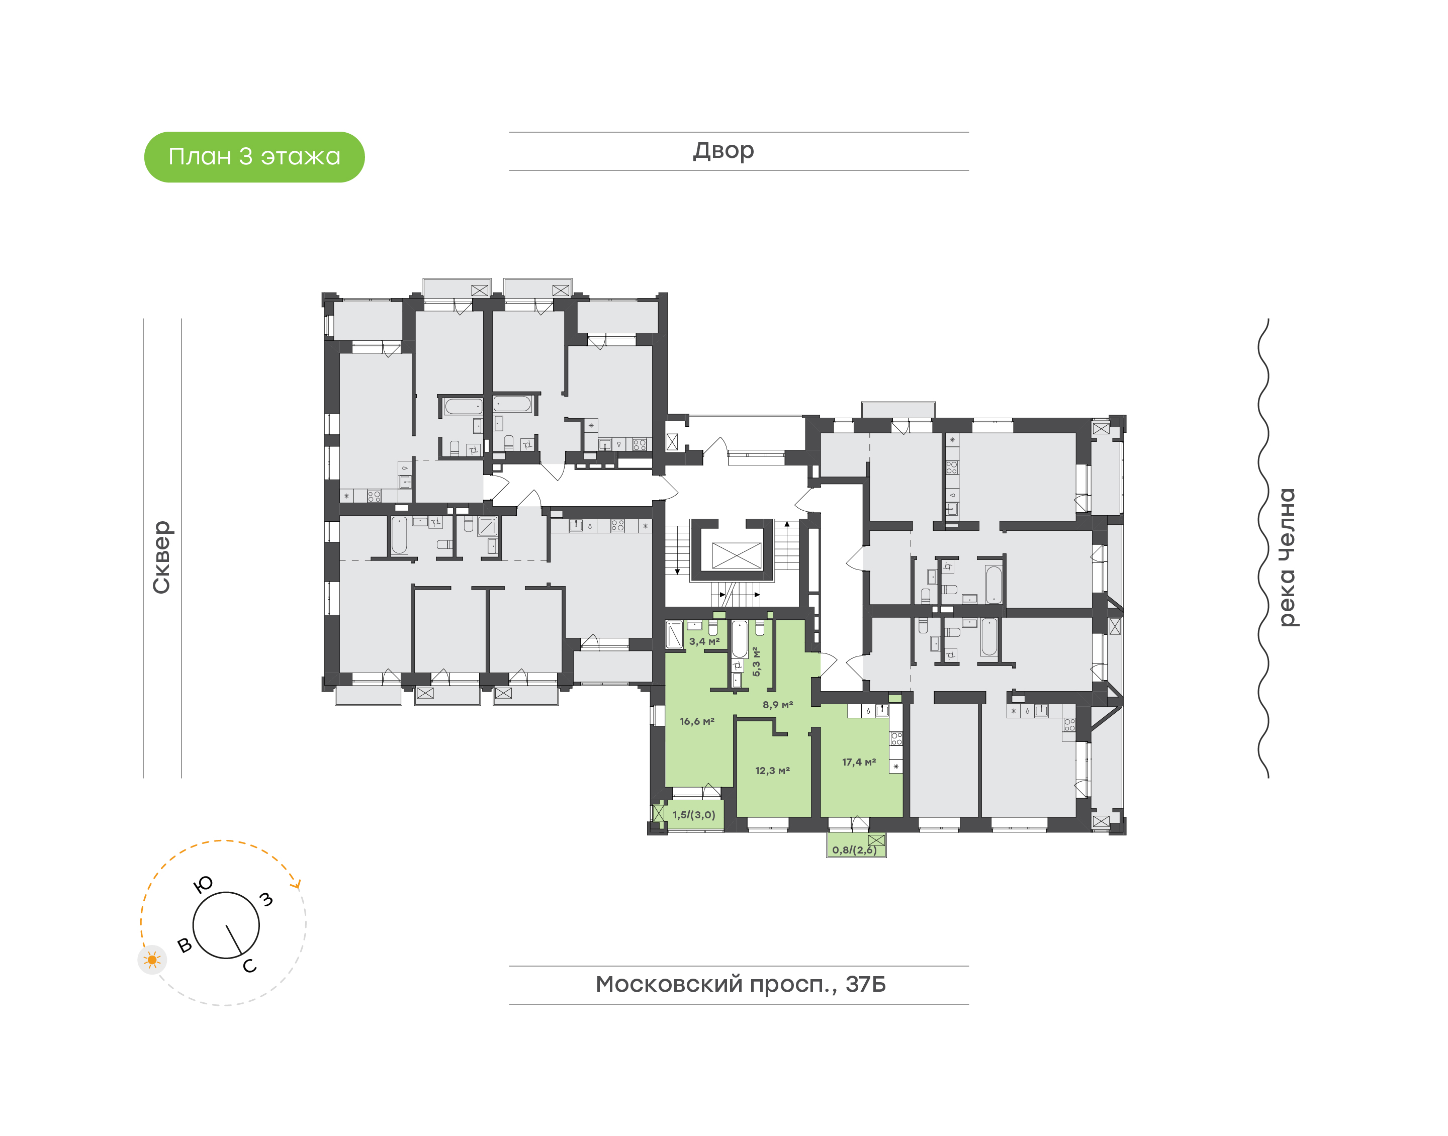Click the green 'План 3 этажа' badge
(254, 157)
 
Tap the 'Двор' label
(723, 151)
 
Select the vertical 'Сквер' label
(161, 557)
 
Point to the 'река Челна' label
(1288, 557)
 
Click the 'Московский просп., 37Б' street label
(740, 984)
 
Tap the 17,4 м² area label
(859, 762)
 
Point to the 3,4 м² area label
(704, 642)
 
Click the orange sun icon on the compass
(152, 960)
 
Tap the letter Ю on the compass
(203, 884)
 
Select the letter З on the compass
(266, 900)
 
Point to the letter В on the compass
(185, 945)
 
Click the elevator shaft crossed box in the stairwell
(736, 555)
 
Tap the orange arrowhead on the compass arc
(297, 885)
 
